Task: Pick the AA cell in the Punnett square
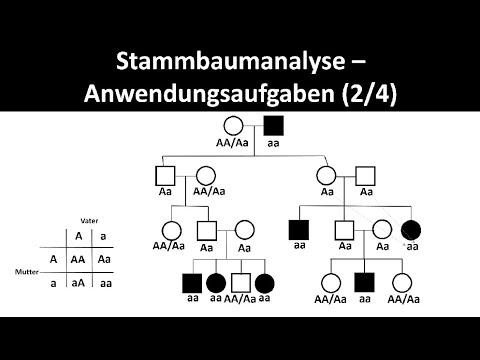pos(79,257)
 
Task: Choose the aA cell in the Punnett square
pos(79,284)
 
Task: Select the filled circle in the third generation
pos(411,229)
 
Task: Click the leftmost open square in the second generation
pos(167,176)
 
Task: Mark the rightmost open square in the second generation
pos(366,176)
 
